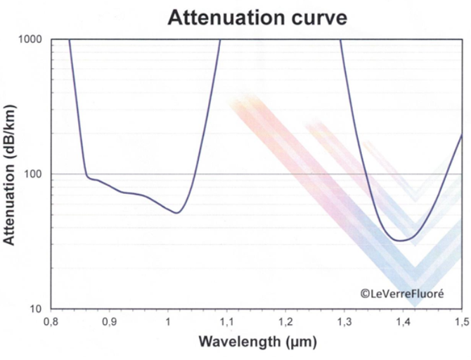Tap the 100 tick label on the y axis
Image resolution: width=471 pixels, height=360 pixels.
click(33, 174)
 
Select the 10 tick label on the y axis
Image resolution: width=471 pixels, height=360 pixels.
click(36, 309)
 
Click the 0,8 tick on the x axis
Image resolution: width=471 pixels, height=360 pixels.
click(50, 321)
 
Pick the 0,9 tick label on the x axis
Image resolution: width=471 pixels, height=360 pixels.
click(109, 321)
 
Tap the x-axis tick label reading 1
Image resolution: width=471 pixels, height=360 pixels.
click(167, 321)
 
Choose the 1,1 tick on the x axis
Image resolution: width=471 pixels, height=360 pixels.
click(226, 321)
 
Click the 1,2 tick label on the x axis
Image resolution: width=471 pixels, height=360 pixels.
click(285, 321)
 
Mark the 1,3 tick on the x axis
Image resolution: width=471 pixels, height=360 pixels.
click(344, 321)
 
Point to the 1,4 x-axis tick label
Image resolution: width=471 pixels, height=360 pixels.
click(402, 321)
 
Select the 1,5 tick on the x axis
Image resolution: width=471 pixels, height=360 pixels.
click(460, 321)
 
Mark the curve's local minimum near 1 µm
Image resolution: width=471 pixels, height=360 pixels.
click(177, 213)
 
